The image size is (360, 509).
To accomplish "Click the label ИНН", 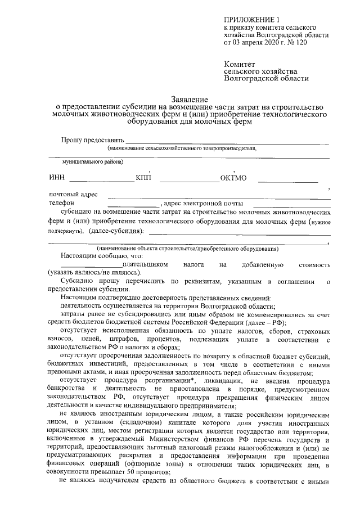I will tap(57, 179).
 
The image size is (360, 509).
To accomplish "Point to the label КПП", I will tap(143, 179).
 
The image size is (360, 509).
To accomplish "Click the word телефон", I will tap(61, 203).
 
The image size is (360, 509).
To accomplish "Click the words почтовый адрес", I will tap(73, 195).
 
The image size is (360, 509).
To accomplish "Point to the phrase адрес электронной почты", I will tap(203, 203).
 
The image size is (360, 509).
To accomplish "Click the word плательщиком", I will tap(145, 263).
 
